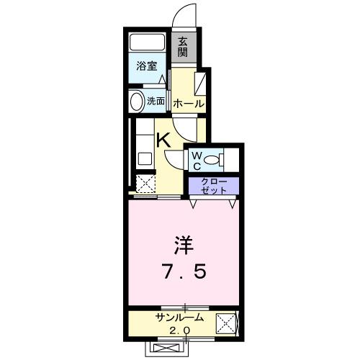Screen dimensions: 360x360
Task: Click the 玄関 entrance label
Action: point(184,47)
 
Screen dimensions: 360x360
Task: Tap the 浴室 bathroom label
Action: point(147,66)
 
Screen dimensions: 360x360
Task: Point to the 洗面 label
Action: point(156,101)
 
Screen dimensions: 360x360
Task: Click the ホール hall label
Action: point(188,104)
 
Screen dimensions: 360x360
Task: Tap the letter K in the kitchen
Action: point(164,140)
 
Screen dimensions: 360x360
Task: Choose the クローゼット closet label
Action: point(215,185)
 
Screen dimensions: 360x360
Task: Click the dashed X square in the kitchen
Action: point(146,184)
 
